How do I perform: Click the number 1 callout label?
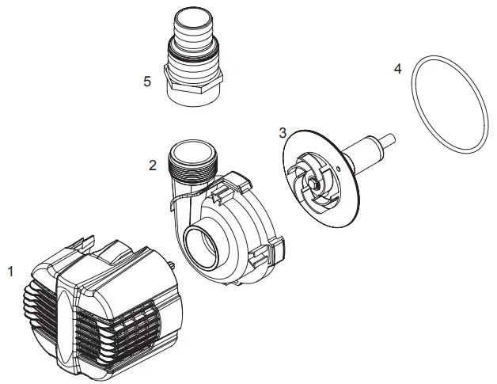point(10,272)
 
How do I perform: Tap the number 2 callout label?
point(153,165)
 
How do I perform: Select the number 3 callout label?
point(283,132)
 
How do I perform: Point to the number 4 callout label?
point(397,69)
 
